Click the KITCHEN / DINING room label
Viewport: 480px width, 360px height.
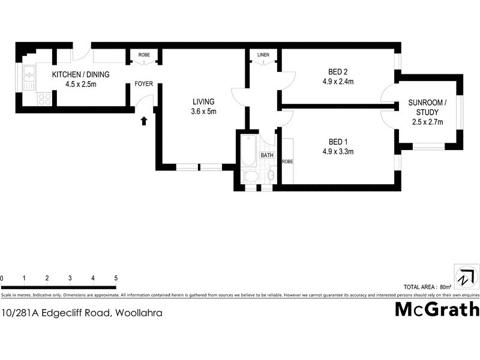(74, 74)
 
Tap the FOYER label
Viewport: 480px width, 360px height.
(143, 84)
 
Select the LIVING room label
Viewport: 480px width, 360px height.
(203, 101)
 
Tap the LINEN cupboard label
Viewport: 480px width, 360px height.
(263, 55)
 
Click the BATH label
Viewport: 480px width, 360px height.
(266, 155)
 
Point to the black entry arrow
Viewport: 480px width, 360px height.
(144, 121)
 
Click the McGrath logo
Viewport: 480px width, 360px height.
(437, 309)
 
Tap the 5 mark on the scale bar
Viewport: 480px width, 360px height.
(116, 278)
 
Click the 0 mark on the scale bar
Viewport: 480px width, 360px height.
(2, 278)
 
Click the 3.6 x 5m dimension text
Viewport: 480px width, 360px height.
(203, 111)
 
